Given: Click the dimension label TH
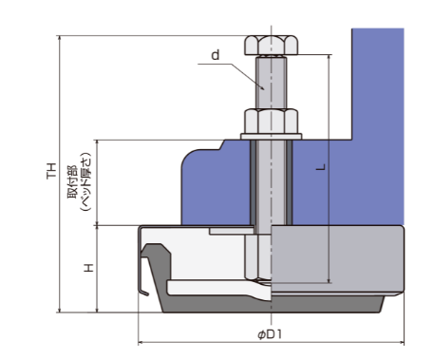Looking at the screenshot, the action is click(51, 171).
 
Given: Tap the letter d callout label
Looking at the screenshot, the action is click(216, 55).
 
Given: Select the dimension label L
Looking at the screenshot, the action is click(321, 167).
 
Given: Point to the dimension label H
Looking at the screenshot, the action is click(89, 268).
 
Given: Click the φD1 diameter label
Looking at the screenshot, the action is click(270, 334).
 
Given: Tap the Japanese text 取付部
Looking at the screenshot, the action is click(72, 181).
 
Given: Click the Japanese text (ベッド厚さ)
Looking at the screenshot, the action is click(85, 181).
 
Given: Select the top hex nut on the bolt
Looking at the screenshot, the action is click(271, 46).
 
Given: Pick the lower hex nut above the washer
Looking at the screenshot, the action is click(271, 121).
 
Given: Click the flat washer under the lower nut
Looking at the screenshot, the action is click(271, 137).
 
